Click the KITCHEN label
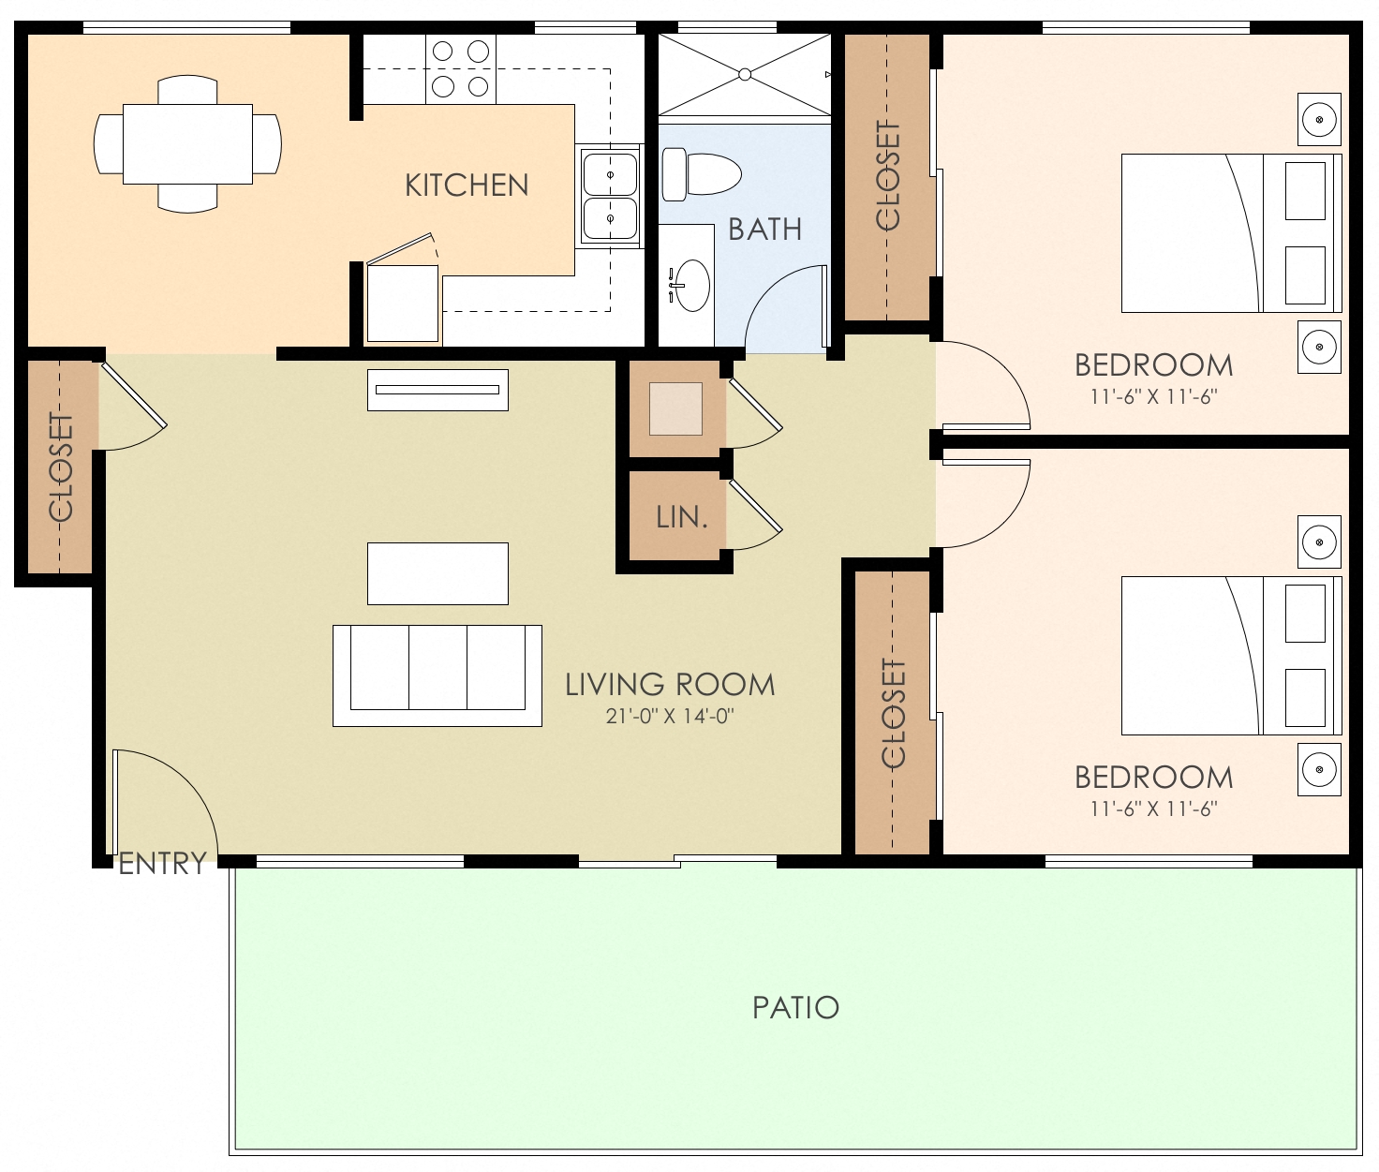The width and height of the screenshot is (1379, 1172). (x=467, y=185)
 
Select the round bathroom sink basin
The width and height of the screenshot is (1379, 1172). (x=692, y=286)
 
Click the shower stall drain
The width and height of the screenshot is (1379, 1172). (x=745, y=74)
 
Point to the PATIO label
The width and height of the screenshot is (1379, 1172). (x=795, y=1008)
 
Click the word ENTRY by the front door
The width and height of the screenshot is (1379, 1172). (x=162, y=864)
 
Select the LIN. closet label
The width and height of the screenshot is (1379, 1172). (x=681, y=517)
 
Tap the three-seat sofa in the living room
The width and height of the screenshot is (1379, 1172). (x=437, y=675)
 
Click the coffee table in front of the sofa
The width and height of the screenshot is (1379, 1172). (x=437, y=573)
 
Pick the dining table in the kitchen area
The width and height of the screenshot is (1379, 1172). (x=187, y=144)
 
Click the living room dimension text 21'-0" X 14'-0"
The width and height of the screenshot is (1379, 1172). (x=670, y=717)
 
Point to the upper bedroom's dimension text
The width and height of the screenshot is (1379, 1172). (x=1153, y=397)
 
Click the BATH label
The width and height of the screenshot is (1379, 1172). (x=764, y=230)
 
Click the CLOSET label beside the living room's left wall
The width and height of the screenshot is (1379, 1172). (x=60, y=467)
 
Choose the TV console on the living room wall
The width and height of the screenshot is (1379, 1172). (x=437, y=390)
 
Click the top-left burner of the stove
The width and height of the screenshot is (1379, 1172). (x=443, y=52)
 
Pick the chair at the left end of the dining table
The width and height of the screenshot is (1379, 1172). (x=107, y=144)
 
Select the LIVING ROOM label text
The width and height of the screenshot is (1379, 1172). (x=670, y=685)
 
